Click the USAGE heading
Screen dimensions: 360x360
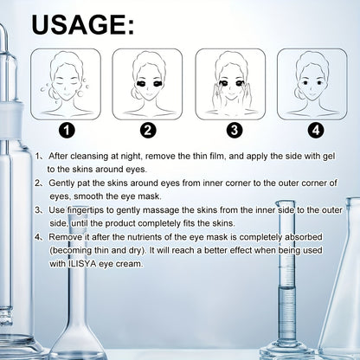point(83,25)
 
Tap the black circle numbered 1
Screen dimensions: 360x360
point(67,131)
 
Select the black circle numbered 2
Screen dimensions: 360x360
point(148,131)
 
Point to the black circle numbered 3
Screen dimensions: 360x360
point(235,131)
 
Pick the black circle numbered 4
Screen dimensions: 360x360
point(316,131)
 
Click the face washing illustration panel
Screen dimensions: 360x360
point(66,84)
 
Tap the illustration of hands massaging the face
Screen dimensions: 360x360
point(230,84)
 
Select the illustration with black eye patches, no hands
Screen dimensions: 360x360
point(147,84)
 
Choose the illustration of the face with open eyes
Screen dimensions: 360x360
point(312,84)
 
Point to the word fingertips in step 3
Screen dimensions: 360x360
point(85,210)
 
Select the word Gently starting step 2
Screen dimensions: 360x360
point(60,183)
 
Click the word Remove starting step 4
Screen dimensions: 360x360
point(65,237)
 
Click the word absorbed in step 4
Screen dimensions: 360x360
point(304,237)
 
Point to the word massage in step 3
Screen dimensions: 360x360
point(161,210)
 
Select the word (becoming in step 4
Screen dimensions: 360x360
point(71,250)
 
